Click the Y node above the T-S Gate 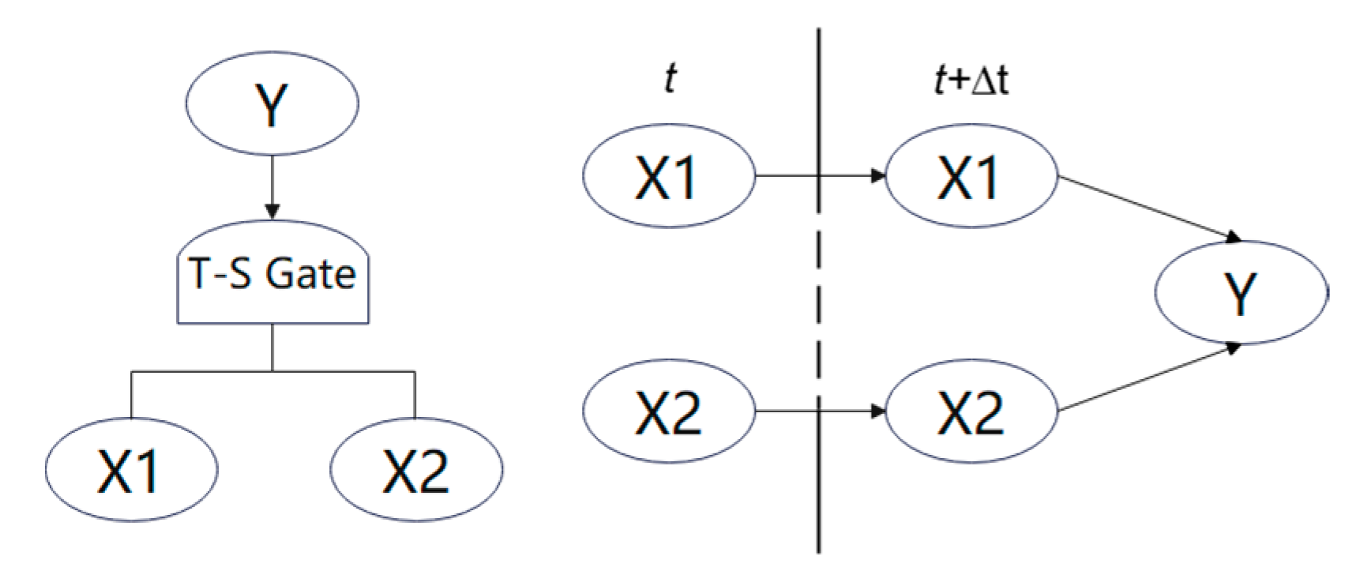click(x=272, y=103)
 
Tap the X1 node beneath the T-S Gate click(x=130, y=470)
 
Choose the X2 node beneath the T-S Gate click(x=415, y=470)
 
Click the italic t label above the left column click(x=670, y=80)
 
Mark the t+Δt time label click(x=970, y=80)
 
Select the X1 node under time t click(x=668, y=176)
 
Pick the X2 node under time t click(x=668, y=411)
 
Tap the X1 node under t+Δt click(x=971, y=176)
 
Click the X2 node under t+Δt click(x=971, y=411)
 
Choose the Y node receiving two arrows click(x=1241, y=292)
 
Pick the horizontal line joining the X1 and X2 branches click(x=272, y=370)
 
